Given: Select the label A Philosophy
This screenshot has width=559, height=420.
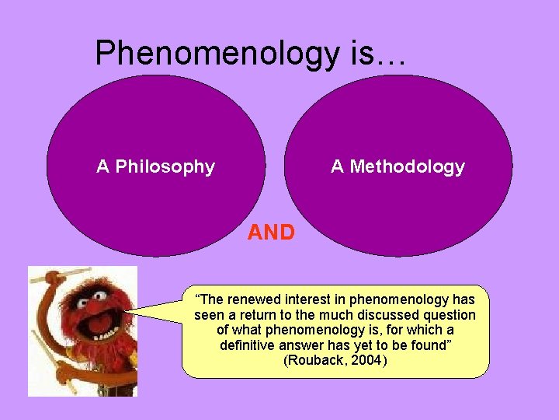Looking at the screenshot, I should pyautogui.click(x=155, y=166).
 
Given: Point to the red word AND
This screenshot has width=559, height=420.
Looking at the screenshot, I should pyautogui.click(x=271, y=233).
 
